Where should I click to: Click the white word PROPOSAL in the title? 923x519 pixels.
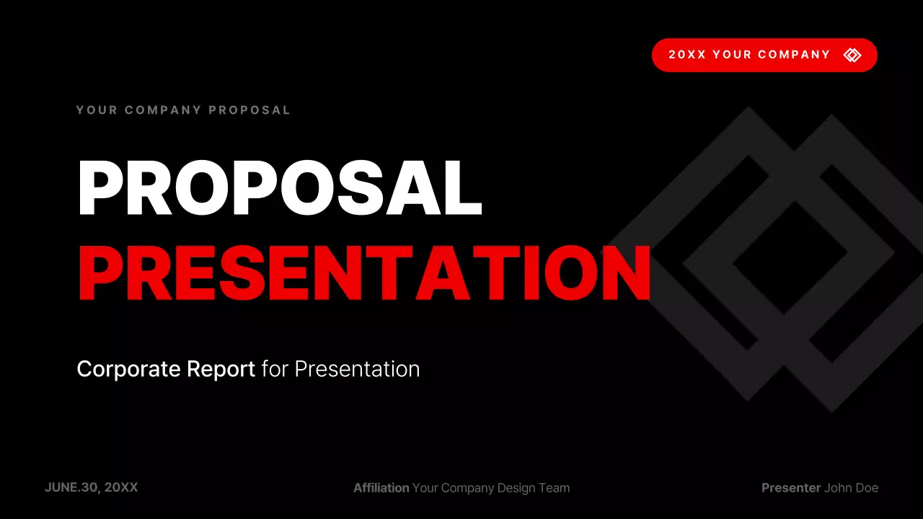[x=279, y=187]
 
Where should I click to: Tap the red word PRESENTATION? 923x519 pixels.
[x=364, y=274]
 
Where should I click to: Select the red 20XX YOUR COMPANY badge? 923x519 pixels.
[x=764, y=55]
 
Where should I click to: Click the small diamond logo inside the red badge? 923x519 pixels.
[x=852, y=55]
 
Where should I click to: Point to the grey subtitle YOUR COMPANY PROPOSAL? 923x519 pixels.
[x=183, y=110]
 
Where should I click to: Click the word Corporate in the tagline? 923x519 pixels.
[x=128, y=369]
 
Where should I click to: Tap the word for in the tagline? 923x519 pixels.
[x=275, y=369]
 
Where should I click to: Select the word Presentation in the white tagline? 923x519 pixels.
[x=357, y=369]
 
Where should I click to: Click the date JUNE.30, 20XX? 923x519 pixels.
[x=91, y=487]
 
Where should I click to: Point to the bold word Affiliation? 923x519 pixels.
[x=381, y=488]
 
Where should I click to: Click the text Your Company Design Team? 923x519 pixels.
[x=491, y=488]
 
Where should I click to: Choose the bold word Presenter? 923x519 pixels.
[x=790, y=488]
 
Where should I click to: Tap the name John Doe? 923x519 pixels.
[x=852, y=488]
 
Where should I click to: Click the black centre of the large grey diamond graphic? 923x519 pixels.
[x=790, y=256]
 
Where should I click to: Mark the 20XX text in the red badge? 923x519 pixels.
[x=686, y=55]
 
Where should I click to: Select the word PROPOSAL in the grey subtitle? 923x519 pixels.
[x=249, y=110]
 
